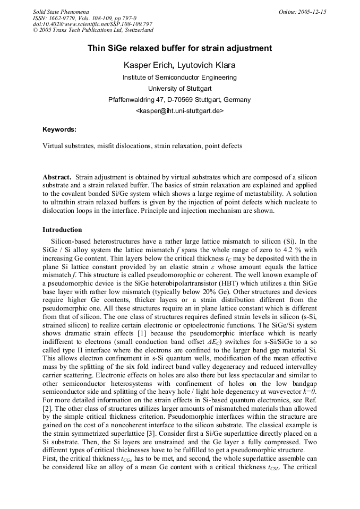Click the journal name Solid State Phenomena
click(61, 12)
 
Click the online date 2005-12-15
click(312, 12)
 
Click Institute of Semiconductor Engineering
click(179, 77)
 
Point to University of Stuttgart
click(179, 89)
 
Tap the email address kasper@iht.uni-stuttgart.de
click(179, 111)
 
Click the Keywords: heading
click(59, 129)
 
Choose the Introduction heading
click(62, 230)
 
